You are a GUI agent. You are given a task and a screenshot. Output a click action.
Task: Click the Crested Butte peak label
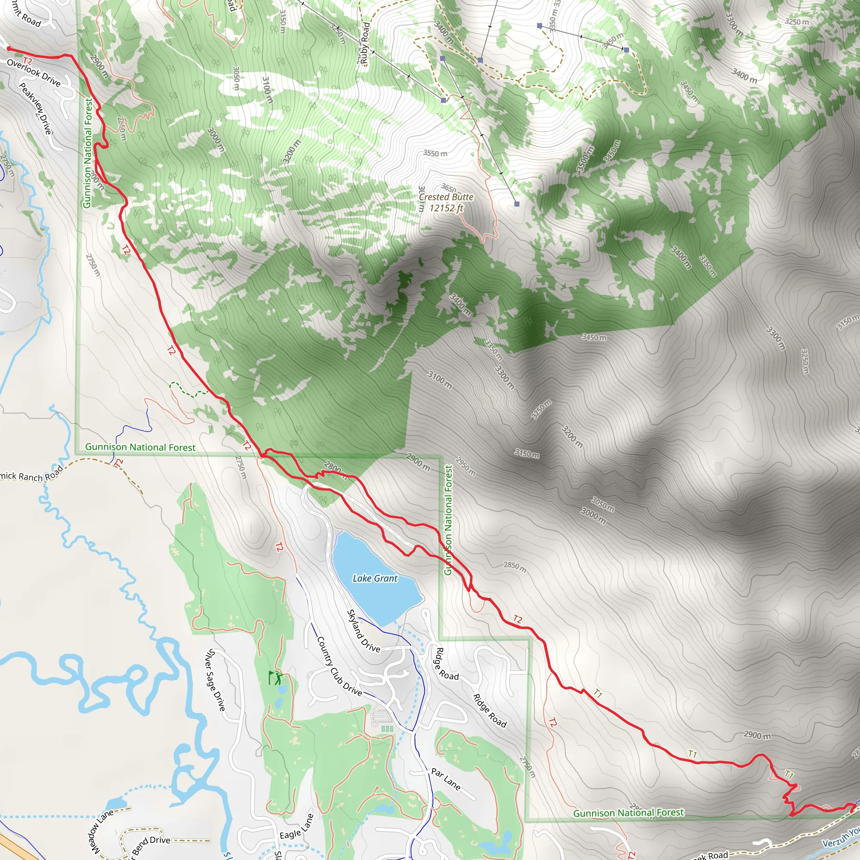[x=446, y=197]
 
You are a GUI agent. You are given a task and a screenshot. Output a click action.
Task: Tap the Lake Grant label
[x=375, y=578]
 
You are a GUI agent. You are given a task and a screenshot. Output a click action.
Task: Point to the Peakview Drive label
[x=36, y=108]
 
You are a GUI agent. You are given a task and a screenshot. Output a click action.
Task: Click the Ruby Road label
[x=365, y=43]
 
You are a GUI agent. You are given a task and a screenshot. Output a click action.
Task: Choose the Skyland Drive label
[x=363, y=631]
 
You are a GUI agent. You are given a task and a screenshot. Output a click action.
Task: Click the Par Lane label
[x=446, y=779]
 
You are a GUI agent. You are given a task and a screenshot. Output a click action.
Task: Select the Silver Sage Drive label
[x=215, y=680]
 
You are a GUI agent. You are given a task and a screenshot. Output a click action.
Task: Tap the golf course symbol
[x=275, y=677]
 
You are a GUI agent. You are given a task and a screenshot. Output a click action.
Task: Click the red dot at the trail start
[x=8, y=49]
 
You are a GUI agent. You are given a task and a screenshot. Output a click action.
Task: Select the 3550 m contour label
[x=435, y=154]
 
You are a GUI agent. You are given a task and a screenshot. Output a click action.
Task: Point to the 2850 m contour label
[x=515, y=567]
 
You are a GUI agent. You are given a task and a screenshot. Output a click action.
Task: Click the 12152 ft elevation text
[x=446, y=208]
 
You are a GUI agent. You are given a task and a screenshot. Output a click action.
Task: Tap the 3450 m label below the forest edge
[x=594, y=338]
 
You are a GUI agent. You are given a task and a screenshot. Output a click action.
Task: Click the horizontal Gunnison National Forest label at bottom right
[x=628, y=813]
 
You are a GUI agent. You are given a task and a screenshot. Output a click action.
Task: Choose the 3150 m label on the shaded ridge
[x=527, y=454]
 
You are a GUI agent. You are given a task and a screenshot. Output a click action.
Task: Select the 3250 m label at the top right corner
[x=797, y=21]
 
